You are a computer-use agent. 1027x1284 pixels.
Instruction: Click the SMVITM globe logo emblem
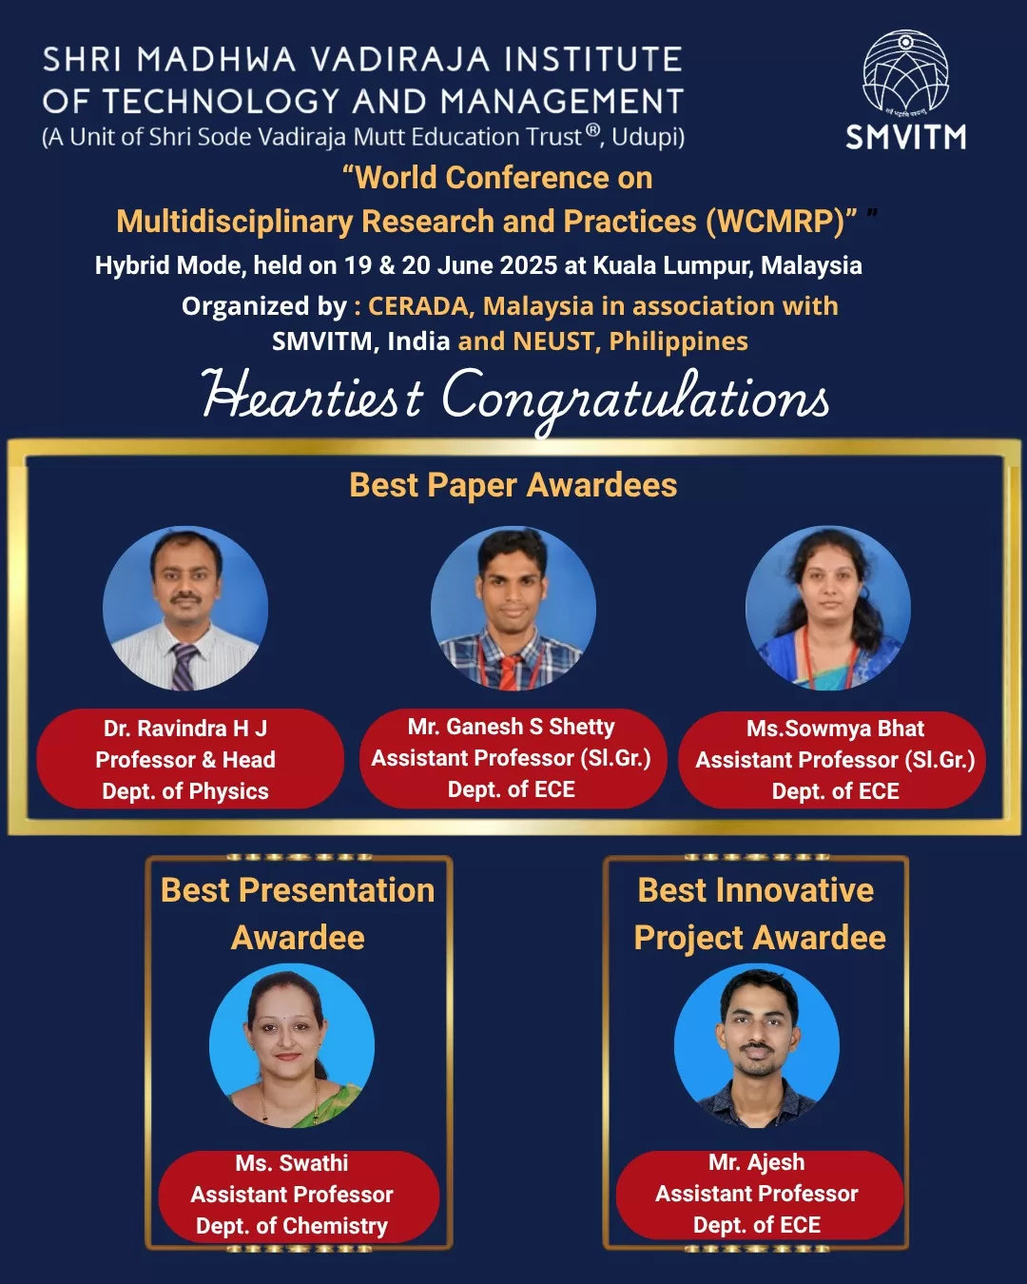[x=905, y=73]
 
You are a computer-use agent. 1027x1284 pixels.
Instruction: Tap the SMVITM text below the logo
[x=906, y=137]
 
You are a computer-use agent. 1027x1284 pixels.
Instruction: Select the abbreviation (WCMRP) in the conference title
[x=781, y=222]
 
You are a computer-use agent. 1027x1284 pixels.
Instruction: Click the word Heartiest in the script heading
[x=313, y=396]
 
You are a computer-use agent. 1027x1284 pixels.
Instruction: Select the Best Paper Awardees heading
[x=513, y=484]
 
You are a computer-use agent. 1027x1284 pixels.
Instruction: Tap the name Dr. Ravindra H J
[x=185, y=729]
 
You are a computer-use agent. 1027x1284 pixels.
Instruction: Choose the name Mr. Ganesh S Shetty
[x=511, y=727]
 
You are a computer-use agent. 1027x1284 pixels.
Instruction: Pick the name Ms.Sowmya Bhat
[x=835, y=729]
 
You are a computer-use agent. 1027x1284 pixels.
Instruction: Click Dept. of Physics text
[x=185, y=791]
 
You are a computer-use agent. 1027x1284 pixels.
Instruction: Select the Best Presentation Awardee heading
[x=298, y=913]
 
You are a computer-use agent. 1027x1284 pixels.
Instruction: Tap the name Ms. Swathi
[x=292, y=1163]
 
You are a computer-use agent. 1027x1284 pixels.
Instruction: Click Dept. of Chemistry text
[x=292, y=1226]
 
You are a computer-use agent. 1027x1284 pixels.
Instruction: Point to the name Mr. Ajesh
[x=757, y=1162]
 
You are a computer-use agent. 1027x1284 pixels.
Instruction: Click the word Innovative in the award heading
[x=795, y=890]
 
